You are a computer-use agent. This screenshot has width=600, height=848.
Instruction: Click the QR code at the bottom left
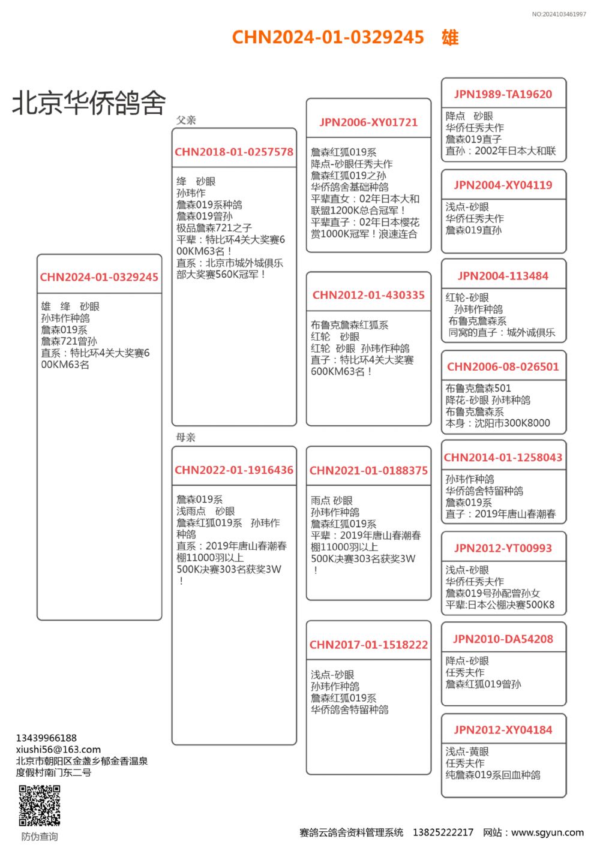click(40, 805)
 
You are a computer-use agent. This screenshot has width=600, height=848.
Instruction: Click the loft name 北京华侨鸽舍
click(89, 103)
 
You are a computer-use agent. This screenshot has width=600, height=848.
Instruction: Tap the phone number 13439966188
click(46, 738)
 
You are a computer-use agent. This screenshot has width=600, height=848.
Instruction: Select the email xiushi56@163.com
click(58, 749)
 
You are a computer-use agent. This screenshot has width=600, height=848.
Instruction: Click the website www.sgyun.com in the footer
click(547, 832)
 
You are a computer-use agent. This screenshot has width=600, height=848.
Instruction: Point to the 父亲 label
click(186, 120)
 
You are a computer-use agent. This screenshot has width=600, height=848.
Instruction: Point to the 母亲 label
click(186, 437)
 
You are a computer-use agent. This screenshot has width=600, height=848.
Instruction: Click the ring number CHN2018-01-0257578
click(234, 152)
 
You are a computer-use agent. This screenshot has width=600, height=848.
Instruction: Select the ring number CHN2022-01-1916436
click(234, 470)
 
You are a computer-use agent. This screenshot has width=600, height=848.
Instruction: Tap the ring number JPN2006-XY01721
click(368, 122)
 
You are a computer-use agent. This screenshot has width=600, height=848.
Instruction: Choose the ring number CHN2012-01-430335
click(368, 295)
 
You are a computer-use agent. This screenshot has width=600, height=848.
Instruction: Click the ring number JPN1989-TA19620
click(503, 94)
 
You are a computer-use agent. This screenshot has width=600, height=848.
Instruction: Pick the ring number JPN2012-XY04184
click(503, 730)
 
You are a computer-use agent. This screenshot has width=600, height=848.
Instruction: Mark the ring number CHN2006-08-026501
click(503, 366)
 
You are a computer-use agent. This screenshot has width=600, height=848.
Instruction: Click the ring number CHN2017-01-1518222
click(368, 645)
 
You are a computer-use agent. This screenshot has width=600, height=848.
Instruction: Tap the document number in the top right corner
click(559, 14)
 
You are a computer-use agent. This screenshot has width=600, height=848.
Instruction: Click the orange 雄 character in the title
click(450, 37)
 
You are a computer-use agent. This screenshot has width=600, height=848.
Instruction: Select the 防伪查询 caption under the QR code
click(40, 837)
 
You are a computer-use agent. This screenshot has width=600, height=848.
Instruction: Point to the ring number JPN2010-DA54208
click(503, 639)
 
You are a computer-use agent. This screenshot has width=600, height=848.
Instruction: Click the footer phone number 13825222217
click(443, 832)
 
